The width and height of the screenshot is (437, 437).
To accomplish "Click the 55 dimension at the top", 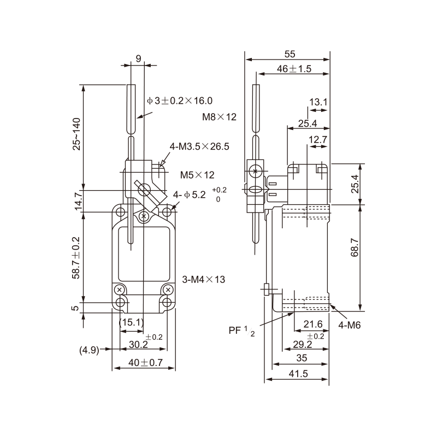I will [x=290, y=54].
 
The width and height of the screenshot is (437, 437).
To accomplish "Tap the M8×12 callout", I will [x=219, y=116].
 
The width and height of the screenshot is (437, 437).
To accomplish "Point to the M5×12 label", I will [x=197, y=175].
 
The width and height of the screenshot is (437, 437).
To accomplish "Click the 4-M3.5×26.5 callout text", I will [x=199, y=146].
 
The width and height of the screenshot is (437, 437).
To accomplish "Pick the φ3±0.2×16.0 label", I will [x=179, y=101].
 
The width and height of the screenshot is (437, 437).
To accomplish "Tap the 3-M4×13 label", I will [x=204, y=280].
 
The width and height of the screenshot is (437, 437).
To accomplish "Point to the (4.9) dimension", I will [x=88, y=350].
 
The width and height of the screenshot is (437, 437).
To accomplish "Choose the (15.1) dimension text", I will [x=132, y=323].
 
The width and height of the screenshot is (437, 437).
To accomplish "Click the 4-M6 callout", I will [x=350, y=326].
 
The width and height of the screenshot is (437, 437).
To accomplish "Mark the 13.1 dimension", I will [x=318, y=102].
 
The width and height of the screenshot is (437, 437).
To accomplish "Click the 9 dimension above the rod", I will [x=138, y=57].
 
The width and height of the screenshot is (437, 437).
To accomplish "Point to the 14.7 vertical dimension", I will [x=78, y=201].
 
